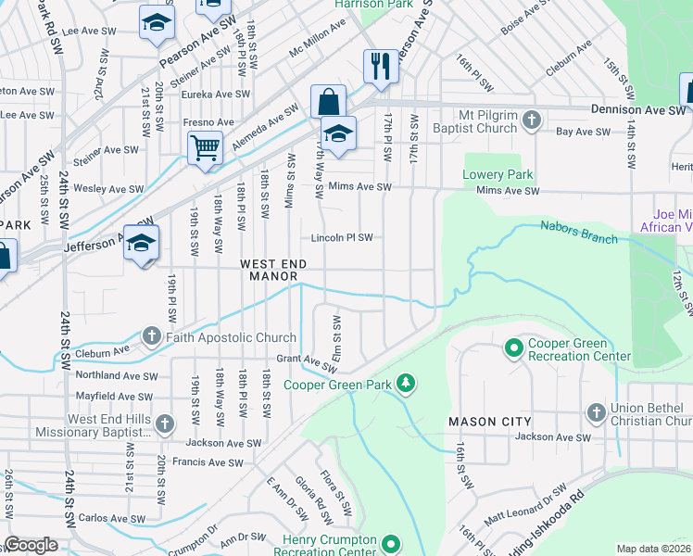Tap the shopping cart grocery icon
[204, 146]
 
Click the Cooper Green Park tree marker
[405, 383]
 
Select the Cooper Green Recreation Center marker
[513, 348]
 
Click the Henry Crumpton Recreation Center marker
[392, 544]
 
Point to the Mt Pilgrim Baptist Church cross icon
[532, 120]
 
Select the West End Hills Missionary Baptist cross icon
[164, 424]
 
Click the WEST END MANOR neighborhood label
[270, 270]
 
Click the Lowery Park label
[498, 174]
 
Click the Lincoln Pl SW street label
[341, 237]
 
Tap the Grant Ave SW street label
[306, 360]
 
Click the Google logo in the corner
[31, 545]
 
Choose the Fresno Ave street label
[208, 122]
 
